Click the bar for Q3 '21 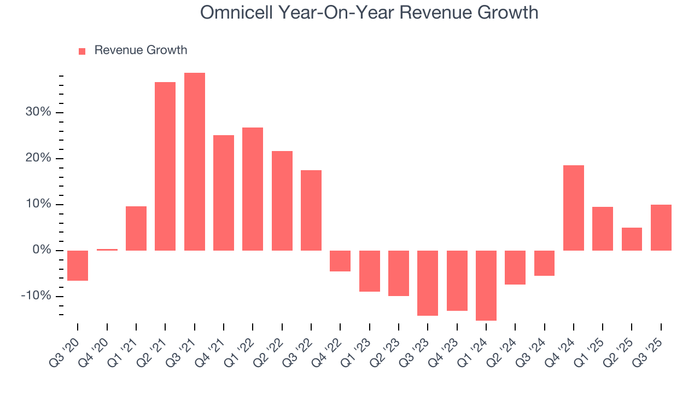[195, 161]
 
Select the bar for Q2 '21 [165, 166]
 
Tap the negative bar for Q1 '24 [486, 285]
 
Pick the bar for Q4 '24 [574, 208]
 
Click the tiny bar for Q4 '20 [107, 250]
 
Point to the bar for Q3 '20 [78, 265]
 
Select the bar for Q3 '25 [661, 228]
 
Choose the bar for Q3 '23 [428, 283]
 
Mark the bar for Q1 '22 [253, 189]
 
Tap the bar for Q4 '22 [340, 261]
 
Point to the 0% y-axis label [42, 250]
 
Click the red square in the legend [82, 51]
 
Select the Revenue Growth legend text [141, 50]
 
